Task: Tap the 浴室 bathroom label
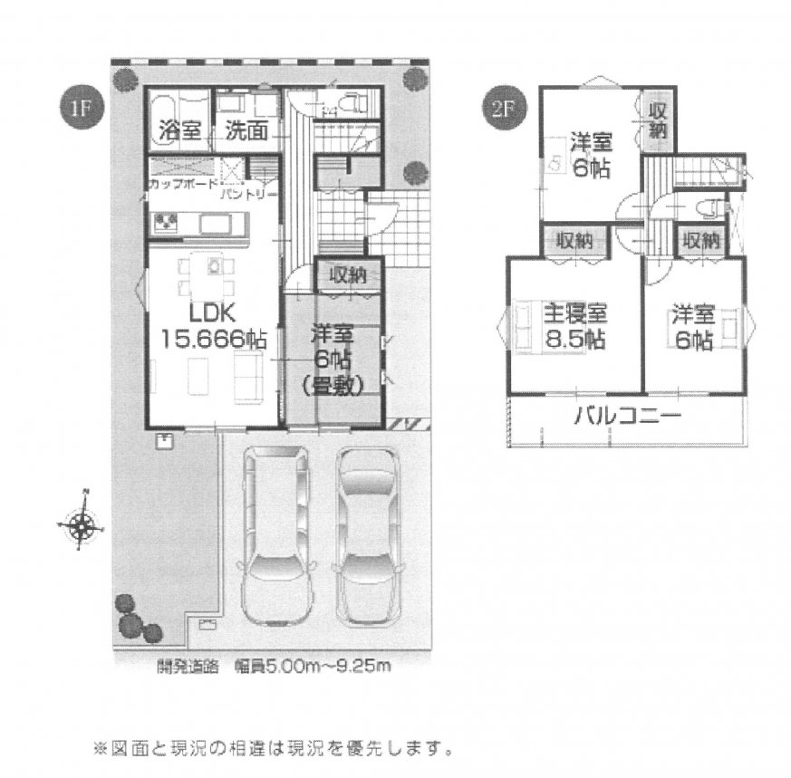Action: point(179,130)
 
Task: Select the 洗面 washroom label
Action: point(246,130)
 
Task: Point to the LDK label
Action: point(213,312)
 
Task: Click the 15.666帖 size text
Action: point(213,339)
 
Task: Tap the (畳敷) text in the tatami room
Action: point(333,385)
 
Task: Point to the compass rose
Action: point(82,523)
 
